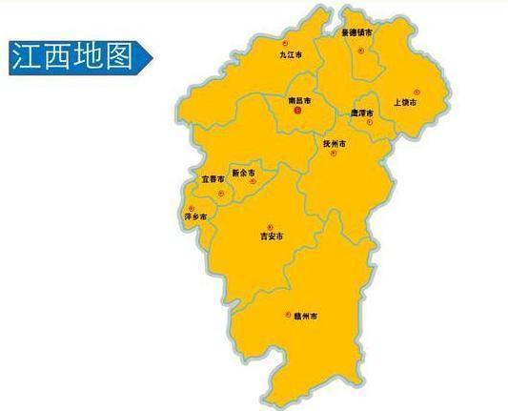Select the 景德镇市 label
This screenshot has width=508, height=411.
click(357, 32)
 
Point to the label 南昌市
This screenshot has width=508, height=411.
click(298, 99)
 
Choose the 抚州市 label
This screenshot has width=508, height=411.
click(334, 143)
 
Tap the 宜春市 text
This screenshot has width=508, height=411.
click(213, 178)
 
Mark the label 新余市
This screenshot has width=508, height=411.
click(243, 173)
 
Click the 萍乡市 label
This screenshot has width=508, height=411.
click(194, 217)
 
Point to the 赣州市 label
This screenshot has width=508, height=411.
click(303, 315)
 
